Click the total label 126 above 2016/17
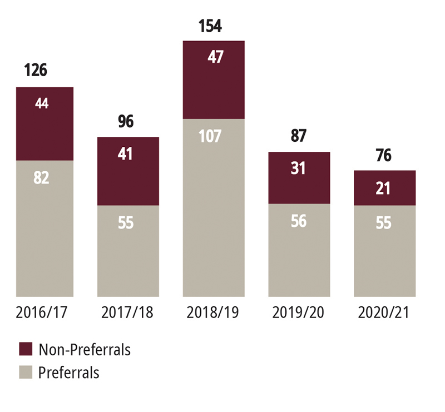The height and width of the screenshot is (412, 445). click(x=36, y=71)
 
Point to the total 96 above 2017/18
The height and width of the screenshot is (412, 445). click(x=125, y=121)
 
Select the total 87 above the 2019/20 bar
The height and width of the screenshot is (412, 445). click(x=299, y=136)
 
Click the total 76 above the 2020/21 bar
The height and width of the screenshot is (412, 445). click(x=384, y=155)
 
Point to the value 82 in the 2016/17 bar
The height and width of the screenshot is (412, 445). click(x=41, y=178)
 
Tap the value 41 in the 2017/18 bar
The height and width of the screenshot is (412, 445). click(x=125, y=153)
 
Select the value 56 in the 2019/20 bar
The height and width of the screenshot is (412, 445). click(x=299, y=221)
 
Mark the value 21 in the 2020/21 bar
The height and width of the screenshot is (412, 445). click(x=384, y=188)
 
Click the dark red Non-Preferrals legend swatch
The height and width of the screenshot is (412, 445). click(x=26, y=349)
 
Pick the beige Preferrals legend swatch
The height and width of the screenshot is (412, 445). click(x=26, y=372)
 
